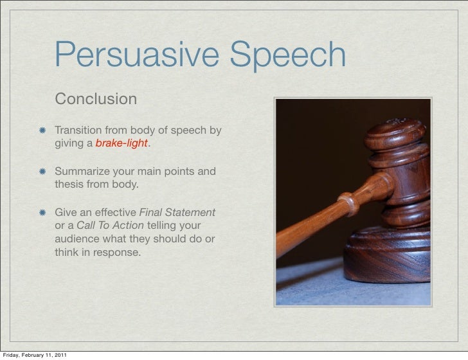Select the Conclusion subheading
(96, 100)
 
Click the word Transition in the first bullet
(80, 131)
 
